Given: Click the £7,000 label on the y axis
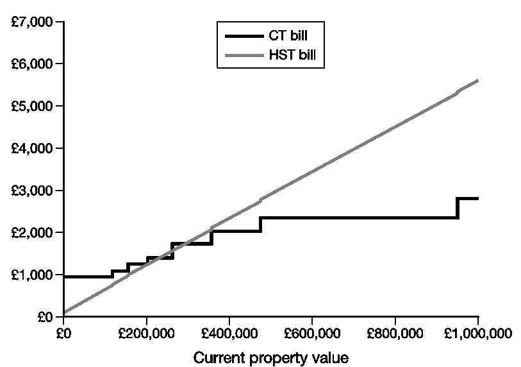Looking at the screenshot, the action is click(x=31, y=22).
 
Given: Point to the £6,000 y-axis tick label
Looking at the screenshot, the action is click(x=31, y=64).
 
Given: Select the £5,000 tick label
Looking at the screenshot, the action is click(x=31, y=106).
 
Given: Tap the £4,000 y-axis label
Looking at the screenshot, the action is click(x=31, y=148).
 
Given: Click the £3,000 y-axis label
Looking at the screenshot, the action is click(x=31, y=191).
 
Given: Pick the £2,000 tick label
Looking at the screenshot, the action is click(x=31, y=232).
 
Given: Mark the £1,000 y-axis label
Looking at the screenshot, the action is click(x=31, y=275).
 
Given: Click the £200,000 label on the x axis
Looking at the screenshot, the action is click(x=146, y=334).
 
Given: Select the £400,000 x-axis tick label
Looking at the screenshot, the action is click(x=229, y=334).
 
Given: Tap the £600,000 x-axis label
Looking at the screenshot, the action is click(x=312, y=334).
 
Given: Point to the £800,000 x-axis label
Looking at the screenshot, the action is click(x=395, y=334).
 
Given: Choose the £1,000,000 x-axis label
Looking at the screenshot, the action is click(x=478, y=334).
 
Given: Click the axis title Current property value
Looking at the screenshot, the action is click(x=271, y=359).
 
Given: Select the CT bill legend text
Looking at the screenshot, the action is click(x=288, y=35).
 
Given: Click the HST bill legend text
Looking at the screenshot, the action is click(x=292, y=55).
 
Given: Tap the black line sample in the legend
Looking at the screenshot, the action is click(x=245, y=36).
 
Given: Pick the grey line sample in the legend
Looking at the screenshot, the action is click(x=245, y=55).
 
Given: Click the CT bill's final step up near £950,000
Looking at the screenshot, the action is click(x=458, y=209).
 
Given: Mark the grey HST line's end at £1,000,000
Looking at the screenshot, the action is click(x=478, y=80).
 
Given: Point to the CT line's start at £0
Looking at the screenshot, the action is click(x=64, y=277).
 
